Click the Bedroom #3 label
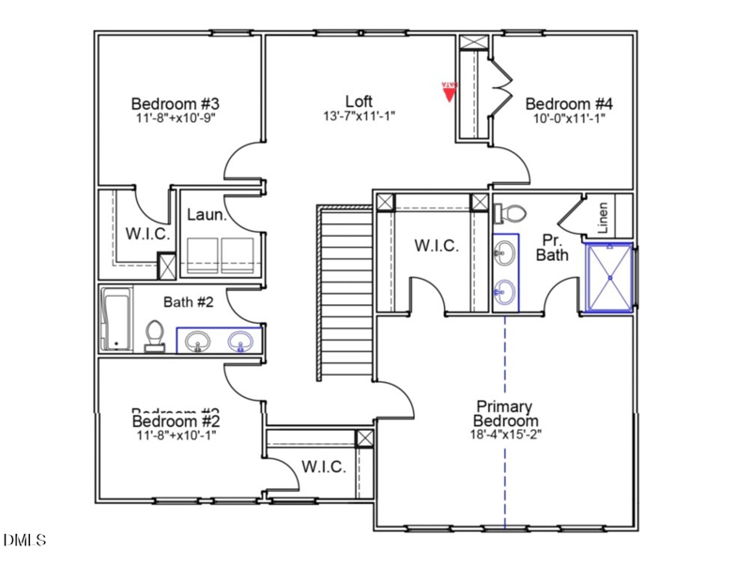tap(175, 103)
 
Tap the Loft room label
tap(359, 101)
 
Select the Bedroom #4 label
tap(569, 103)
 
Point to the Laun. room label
tap(207, 215)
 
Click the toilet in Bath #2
tap(155, 335)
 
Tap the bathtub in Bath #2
tap(117, 319)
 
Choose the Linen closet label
tap(603, 218)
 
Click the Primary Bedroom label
tap(503, 414)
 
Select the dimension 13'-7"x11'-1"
tap(359, 116)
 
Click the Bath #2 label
tap(191, 301)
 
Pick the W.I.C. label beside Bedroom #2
tap(324, 467)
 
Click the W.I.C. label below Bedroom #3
tap(147, 233)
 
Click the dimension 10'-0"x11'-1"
tap(569, 118)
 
